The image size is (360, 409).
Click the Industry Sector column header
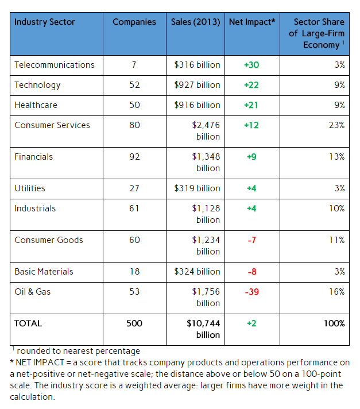45,22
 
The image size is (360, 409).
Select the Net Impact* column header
251,22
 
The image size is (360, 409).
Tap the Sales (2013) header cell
196,22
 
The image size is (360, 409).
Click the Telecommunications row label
55,65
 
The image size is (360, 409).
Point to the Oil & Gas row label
33,292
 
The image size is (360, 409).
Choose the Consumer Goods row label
49,240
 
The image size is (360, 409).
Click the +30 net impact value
251,65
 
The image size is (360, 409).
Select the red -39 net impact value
251,292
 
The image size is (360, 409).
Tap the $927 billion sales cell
197,85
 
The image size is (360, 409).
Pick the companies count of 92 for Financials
134,157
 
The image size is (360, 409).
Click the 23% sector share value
336,125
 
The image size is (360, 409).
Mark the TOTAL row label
28,323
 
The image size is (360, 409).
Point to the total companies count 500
134,323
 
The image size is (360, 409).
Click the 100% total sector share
334,323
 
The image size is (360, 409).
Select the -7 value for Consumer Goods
251,240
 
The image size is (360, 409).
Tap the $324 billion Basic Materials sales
197,272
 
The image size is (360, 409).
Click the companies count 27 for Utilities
134,188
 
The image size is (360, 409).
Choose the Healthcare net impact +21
251,105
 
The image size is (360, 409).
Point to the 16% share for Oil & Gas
336,292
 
